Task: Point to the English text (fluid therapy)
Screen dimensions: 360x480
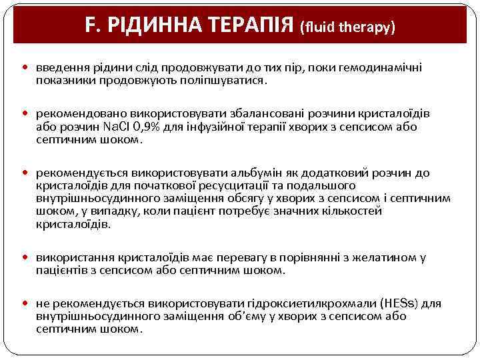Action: (x=348, y=27)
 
